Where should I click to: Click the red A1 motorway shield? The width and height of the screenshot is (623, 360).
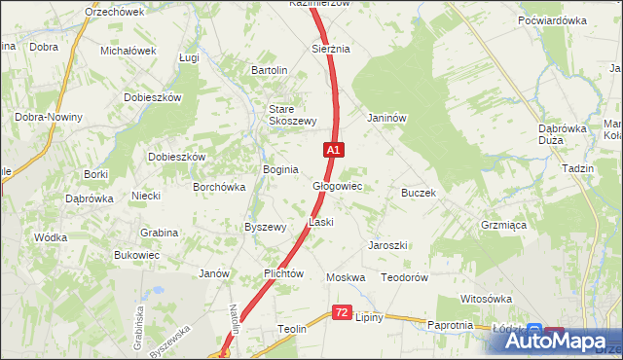(x=334, y=150)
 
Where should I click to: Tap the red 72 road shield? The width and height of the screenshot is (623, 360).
(x=341, y=312)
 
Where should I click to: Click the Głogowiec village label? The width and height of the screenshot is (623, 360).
(x=338, y=185)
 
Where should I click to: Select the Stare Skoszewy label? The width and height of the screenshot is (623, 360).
(x=293, y=115)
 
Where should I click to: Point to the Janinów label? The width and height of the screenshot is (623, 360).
(x=385, y=118)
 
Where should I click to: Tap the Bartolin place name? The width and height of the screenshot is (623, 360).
(x=270, y=70)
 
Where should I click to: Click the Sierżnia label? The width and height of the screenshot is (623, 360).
(x=330, y=48)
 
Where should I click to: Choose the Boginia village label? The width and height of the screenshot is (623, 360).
(x=280, y=169)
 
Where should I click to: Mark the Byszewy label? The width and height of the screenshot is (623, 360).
(x=265, y=227)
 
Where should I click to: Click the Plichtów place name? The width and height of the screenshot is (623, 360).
(x=285, y=274)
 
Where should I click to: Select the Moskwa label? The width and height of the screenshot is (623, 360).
(x=346, y=277)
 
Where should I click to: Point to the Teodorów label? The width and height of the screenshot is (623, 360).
(x=405, y=277)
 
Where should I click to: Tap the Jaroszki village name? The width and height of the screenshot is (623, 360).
(x=387, y=245)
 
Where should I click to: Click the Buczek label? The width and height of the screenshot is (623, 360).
(x=418, y=193)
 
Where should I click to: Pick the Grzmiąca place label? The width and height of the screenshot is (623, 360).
(x=503, y=224)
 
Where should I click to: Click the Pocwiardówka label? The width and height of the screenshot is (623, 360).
(x=552, y=19)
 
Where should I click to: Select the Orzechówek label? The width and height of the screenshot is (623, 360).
(x=114, y=12)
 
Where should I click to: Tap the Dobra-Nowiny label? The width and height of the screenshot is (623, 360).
(x=49, y=117)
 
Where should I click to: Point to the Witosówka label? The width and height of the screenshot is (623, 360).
(x=486, y=299)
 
